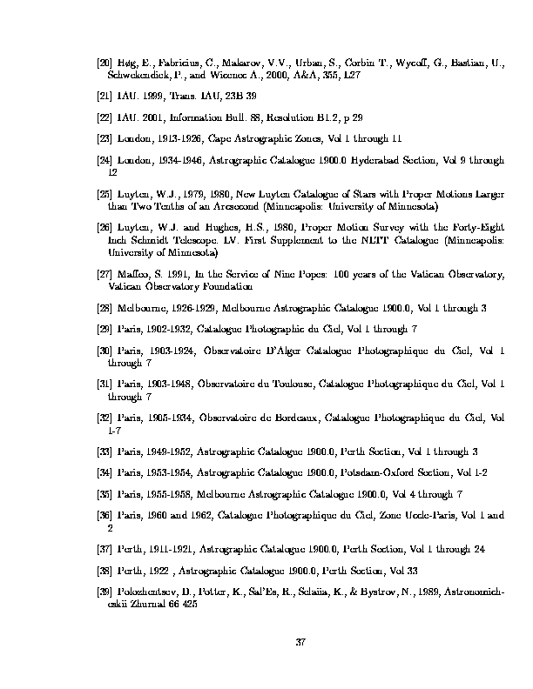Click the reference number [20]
point(104,64)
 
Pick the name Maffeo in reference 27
point(132,274)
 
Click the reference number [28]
point(104,308)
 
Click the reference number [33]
point(104,452)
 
